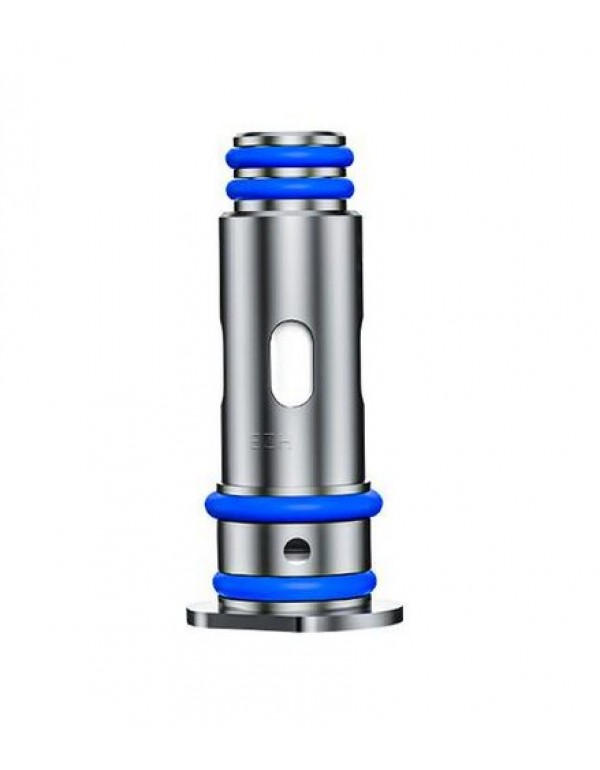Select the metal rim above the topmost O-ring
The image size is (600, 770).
(x=290, y=138)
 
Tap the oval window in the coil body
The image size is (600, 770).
(x=291, y=363)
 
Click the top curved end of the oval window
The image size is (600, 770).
(x=291, y=326)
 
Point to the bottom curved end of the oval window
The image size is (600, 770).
(x=291, y=401)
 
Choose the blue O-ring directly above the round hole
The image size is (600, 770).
(x=289, y=505)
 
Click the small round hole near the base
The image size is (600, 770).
(x=295, y=548)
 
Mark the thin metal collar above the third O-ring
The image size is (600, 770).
(x=289, y=488)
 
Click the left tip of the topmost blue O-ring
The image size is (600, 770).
(x=229, y=157)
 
